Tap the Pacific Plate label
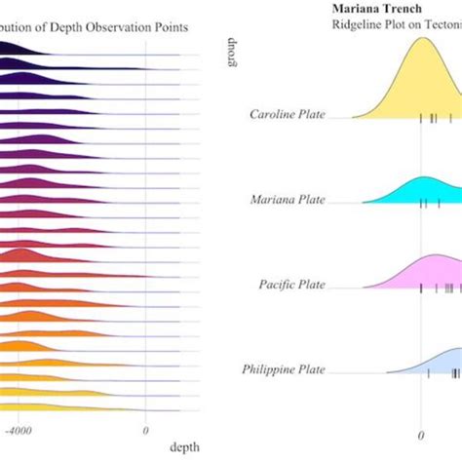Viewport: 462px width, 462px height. [292, 285]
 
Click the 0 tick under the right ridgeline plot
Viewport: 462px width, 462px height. [422, 436]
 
